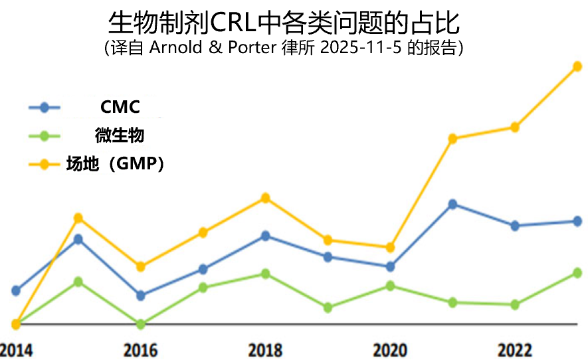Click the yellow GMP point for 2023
click(577, 66)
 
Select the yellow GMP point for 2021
click(452, 139)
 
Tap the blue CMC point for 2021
click(452, 204)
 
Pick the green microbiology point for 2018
click(265, 274)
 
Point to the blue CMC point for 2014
click(16, 290)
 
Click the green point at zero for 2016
click(140, 324)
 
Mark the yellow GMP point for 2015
click(78, 218)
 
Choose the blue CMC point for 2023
click(577, 221)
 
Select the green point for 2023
click(577, 273)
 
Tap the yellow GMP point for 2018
click(265, 198)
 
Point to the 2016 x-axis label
click(140, 350)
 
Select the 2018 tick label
click(265, 350)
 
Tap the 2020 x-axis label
click(389, 350)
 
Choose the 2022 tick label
click(514, 350)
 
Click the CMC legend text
click(120, 107)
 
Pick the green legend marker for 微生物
click(45, 136)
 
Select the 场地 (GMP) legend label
click(115, 163)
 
